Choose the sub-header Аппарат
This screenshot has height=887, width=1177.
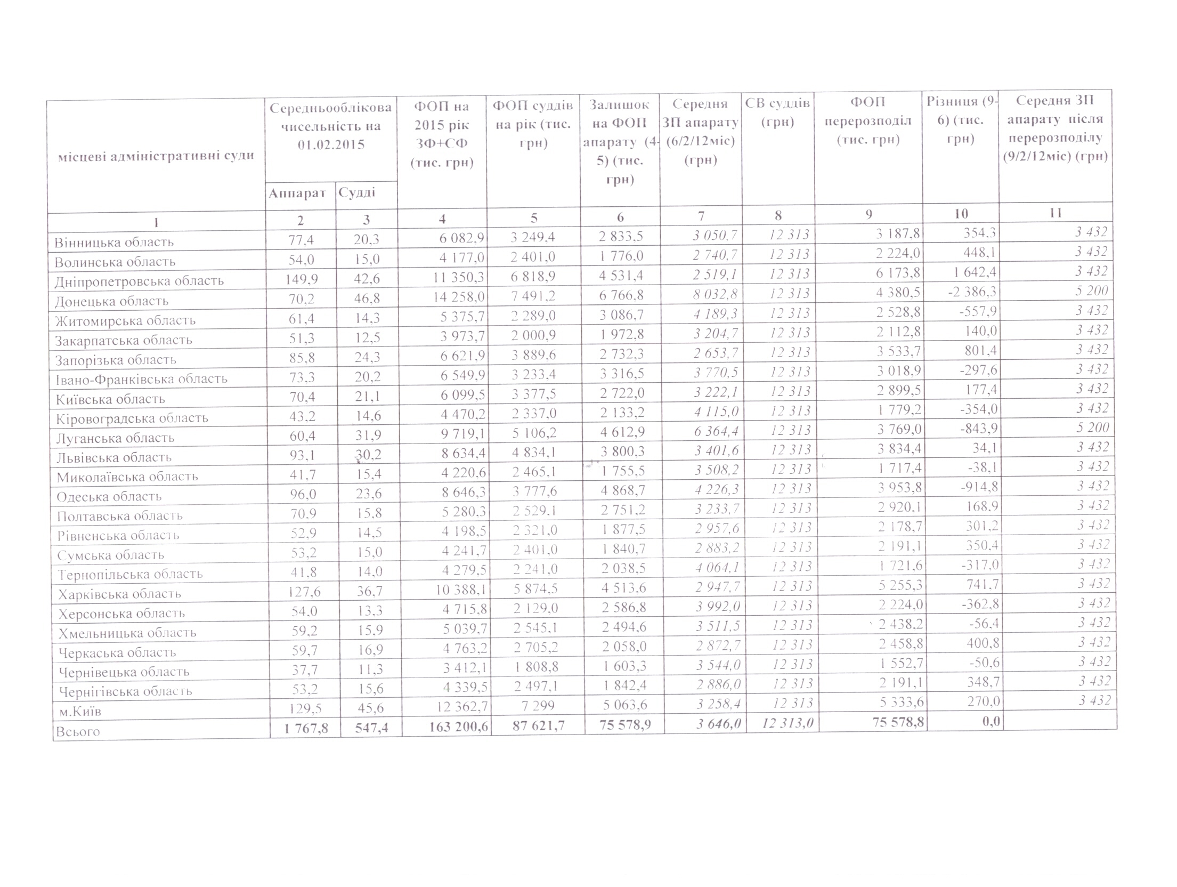[297, 193]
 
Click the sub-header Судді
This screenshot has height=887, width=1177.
[357, 192]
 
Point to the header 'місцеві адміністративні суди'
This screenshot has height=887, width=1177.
[156, 156]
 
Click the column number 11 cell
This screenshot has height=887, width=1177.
[1056, 213]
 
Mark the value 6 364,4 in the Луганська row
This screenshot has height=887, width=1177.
[716, 431]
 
